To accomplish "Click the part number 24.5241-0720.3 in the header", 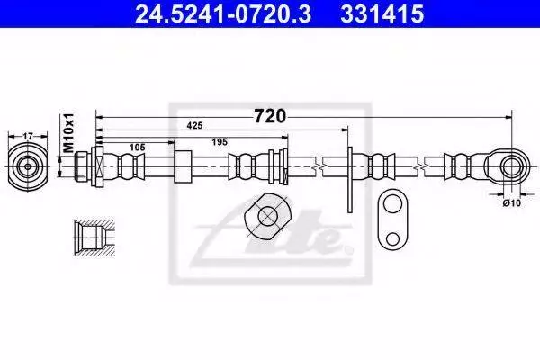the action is [x=223, y=13].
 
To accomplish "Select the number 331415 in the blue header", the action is [x=382, y=13].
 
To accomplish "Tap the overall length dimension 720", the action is [x=270, y=116].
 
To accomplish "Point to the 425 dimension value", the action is [x=194, y=126].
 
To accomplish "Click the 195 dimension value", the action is [x=220, y=142].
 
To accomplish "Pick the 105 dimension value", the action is [x=138, y=148].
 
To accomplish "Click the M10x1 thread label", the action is [x=69, y=132].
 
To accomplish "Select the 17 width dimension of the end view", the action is [x=28, y=137].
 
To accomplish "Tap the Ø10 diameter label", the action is [x=512, y=202].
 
